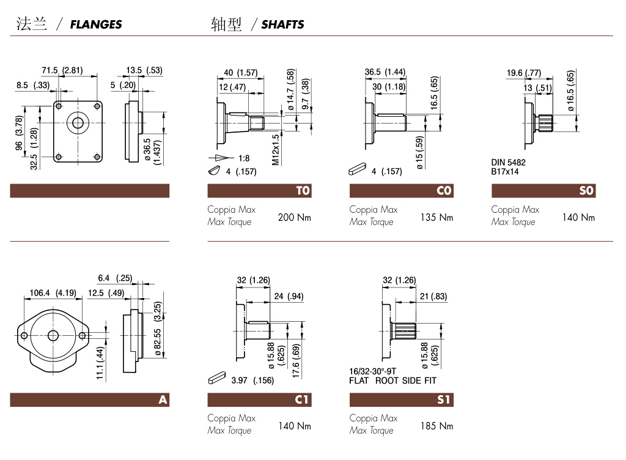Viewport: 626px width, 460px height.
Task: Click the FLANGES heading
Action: coord(96,24)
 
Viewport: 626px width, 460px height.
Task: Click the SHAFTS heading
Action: coord(282,24)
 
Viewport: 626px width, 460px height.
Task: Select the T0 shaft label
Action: coord(303,190)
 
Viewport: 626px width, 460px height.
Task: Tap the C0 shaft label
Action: coord(444,190)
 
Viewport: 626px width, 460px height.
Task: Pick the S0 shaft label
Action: coord(586,190)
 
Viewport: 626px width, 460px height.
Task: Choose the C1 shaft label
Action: coord(302,399)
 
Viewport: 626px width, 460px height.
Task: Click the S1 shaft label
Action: coord(444,399)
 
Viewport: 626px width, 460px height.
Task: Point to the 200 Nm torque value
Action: coord(294,217)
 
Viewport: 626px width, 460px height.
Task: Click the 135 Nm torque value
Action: coord(436,217)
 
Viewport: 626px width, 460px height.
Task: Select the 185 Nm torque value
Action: coord(436,426)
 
